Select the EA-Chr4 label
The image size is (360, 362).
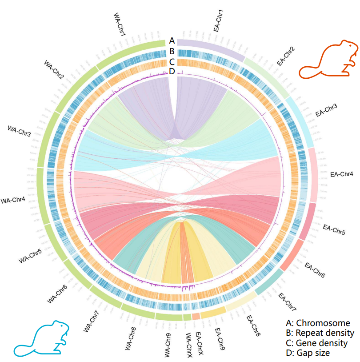tap(342, 174)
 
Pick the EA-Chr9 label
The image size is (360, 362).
tap(219, 339)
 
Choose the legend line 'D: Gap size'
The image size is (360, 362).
tap(308, 353)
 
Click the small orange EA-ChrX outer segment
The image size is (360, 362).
tap(196, 316)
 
